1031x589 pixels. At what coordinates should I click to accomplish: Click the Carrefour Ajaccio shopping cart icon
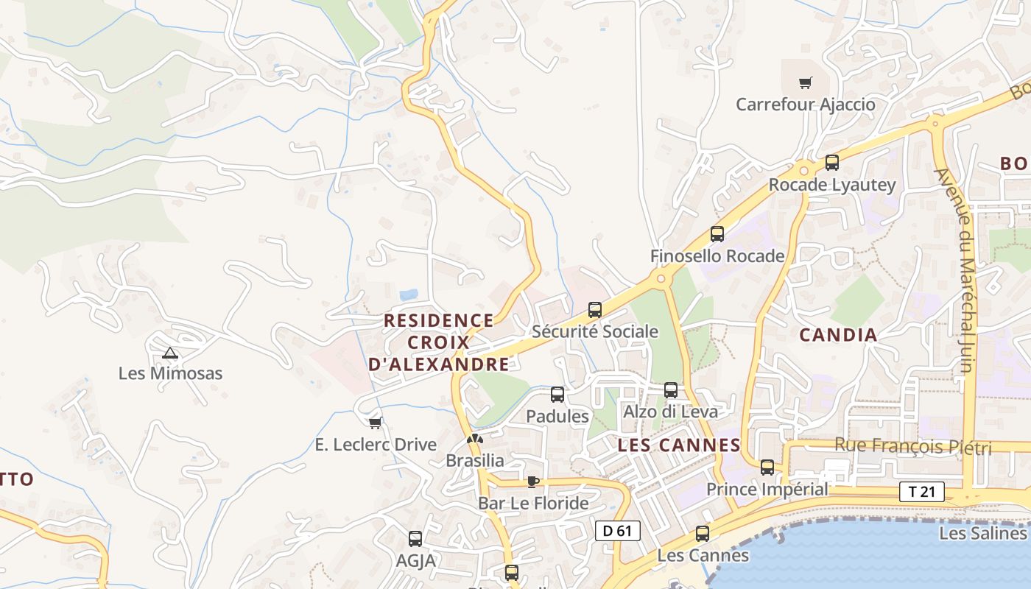pos(806,83)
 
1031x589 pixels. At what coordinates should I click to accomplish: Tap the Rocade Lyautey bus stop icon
pos(832,163)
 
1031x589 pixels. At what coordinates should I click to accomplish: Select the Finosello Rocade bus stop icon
pos(717,234)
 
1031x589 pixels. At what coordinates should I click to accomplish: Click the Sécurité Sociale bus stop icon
pos(595,310)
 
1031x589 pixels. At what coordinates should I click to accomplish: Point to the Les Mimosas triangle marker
pos(170,353)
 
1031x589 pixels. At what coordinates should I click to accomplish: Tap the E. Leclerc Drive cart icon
pos(376,423)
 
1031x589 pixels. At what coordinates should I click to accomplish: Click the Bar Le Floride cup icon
pos(533,482)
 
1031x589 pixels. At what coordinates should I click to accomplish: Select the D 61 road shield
pos(617,530)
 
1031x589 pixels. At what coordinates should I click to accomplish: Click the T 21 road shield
pos(921,492)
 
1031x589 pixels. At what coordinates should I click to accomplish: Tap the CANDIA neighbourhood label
pos(838,335)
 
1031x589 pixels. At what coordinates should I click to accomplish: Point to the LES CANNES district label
pos(679,445)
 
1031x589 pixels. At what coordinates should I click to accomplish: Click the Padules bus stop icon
pos(557,395)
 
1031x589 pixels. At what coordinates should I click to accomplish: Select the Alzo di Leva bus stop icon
pos(671,390)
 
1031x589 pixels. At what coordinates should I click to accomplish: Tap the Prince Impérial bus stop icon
pos(767,468)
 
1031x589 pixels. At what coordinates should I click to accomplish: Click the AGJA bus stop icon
pos(415,539)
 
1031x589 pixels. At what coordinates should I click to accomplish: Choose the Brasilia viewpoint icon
pos(475,440)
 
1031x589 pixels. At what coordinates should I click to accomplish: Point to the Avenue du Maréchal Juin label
pos(964,271)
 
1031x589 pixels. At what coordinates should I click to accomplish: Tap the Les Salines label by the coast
pos(982,533)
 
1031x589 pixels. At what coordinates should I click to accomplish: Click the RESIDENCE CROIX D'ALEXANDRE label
pos(439,342)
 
